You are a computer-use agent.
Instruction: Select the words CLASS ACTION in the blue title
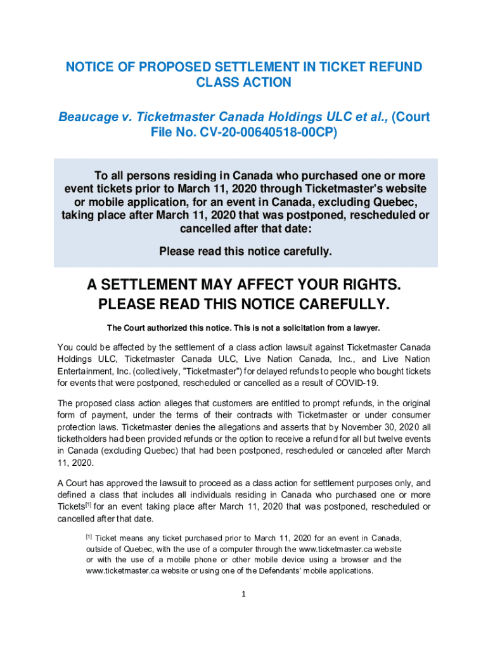point(244,82)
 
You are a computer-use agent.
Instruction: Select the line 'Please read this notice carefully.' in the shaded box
point(245,252)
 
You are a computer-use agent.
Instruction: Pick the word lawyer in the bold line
point(364,328)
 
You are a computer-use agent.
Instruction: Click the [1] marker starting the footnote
point(89,536)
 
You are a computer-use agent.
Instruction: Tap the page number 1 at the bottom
point(244,594)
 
